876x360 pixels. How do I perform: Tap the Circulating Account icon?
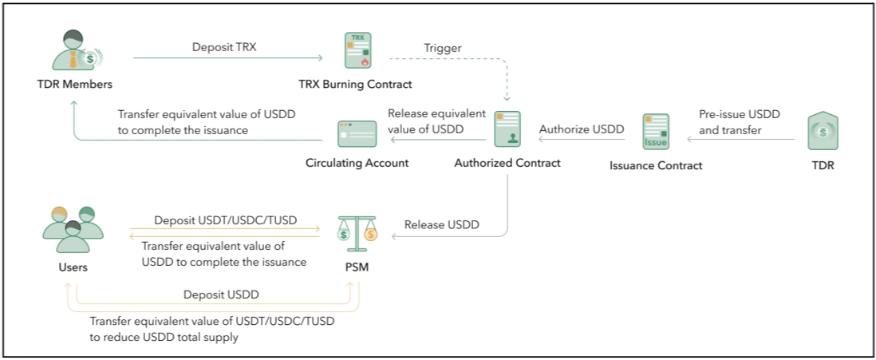pyautogui.click(x=356, y=135)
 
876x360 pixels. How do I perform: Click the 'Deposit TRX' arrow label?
pyautogui.click(x=223, y=47)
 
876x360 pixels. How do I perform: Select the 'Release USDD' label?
pyautogui.click(x=441, y=224)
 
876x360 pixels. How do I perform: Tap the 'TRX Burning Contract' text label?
pyautogui.click(x=356, y=83)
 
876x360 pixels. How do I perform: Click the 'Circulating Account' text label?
pyautogui.click(x=356, y=163)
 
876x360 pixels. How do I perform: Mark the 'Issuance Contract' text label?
pyautogui.click(x=655, y=165)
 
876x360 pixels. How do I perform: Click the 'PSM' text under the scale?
pyautogui.click(x=356, y=267)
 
